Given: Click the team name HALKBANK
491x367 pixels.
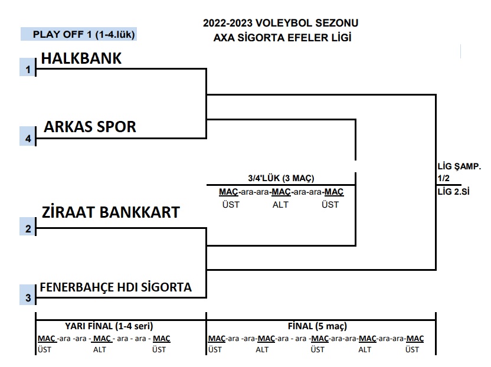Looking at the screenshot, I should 81,58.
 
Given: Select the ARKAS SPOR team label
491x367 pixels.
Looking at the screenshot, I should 90,127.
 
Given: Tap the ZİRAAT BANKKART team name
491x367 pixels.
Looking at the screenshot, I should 110,212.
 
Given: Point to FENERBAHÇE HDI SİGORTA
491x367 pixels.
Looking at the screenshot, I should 116,287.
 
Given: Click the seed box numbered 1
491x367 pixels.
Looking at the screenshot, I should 28,70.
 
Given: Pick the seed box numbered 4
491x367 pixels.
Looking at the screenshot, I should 28,139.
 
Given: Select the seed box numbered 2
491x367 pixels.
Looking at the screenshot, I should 28,229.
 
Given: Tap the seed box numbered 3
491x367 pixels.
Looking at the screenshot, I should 28,298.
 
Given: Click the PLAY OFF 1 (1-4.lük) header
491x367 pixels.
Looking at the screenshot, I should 84,34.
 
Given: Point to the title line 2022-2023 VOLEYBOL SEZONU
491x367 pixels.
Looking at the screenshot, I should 281,24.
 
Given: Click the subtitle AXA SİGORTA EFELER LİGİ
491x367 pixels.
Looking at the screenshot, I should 281,38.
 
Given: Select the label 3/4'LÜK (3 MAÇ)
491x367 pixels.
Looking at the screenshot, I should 281,178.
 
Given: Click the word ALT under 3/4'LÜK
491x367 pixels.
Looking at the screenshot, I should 280,205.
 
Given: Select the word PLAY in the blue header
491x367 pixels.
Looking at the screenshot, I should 45,34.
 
